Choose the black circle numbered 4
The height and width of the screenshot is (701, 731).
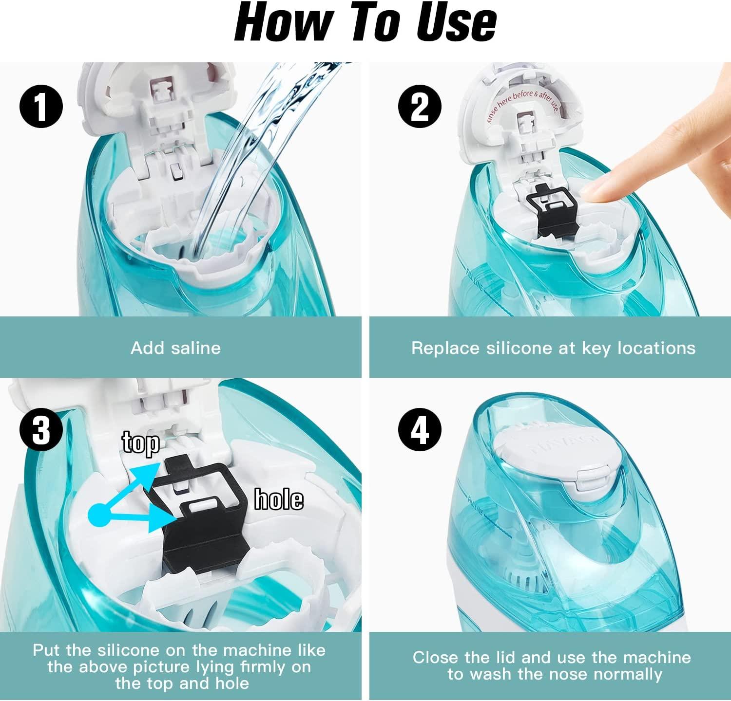(419, 429)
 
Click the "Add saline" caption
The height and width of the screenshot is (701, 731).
(175, 348)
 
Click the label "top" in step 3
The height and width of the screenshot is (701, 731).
(140, 443)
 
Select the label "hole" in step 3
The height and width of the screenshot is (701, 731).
(279, 499)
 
